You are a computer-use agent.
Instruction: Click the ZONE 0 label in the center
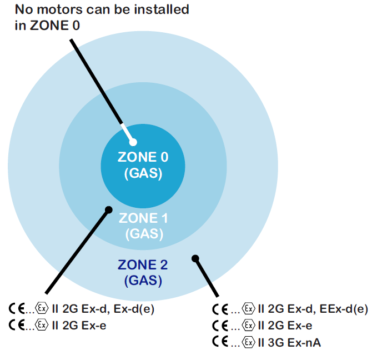point(143,157)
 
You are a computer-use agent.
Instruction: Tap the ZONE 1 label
point(143,218)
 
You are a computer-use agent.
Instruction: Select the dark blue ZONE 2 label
point(143,265)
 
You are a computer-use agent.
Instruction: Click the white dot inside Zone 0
point(133,142)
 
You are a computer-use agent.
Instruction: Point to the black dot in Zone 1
point(109,210)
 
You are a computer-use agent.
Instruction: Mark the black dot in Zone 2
point(195,258)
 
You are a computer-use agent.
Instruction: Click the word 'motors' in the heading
point(61,10)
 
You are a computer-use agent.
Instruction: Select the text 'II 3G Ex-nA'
point(289,343)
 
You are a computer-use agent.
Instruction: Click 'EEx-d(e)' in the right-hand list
point(344,309)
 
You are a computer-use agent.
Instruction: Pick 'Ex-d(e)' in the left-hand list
point(134,309)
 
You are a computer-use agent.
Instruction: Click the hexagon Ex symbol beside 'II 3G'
point(248,342)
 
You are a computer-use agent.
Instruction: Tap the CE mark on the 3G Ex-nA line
point(220,342)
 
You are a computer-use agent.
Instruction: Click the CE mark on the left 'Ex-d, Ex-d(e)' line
point(17,309)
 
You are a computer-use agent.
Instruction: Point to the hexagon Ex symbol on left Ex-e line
point(42,325)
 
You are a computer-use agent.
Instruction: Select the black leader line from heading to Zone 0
point(102,91)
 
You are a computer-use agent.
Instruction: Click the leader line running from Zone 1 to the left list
point(77,252)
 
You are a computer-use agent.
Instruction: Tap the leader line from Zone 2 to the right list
point(207,277)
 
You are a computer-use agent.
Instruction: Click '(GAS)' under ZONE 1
point(144,234)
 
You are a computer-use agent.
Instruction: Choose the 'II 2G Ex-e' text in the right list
point(285,326)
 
